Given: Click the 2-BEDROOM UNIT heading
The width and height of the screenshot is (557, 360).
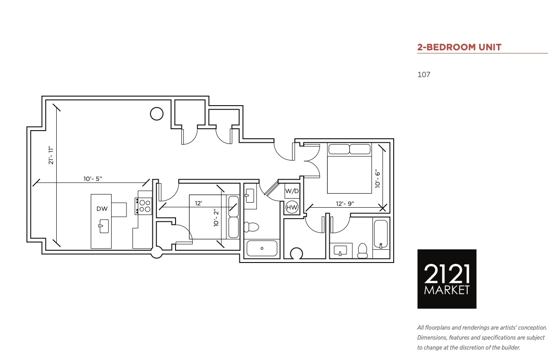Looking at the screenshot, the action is tap(459, 47).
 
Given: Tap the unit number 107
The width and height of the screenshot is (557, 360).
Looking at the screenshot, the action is tap(424, 75).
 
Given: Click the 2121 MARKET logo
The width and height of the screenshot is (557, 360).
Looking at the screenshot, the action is tap(447, 279).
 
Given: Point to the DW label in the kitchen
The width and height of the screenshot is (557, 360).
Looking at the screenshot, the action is tap(102, 209).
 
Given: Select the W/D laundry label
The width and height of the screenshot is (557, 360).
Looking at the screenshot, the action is tap(292, 191).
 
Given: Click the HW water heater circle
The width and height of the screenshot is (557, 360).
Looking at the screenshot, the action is tap(292, 207).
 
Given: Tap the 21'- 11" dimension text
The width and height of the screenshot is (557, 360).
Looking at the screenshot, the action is tap(51, 156).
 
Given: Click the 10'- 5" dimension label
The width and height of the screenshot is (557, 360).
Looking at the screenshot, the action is tap(93, 179).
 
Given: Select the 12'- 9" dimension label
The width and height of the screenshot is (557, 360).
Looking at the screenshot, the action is tap(345, 204).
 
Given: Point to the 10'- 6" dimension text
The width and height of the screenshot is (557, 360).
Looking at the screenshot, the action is tap(378, 179).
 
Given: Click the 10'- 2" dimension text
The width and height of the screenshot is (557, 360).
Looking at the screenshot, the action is tap(216, 218).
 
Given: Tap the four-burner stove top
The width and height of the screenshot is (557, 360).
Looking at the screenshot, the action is tap(143, 206).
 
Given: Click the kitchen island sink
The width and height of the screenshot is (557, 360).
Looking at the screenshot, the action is tap(104, 226).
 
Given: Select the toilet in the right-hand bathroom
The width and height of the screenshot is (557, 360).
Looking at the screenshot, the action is tap(362, 251).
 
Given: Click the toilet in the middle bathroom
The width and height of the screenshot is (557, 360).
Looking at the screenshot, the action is tap(251, 227).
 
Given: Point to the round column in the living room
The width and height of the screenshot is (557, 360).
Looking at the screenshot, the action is tap(156, 114).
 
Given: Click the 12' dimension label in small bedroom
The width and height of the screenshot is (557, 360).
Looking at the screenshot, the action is tap(198, 204).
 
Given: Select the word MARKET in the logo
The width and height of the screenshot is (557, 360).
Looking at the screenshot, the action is tap(447, 290).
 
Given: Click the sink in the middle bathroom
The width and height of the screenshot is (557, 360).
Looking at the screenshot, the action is tap(250, 196).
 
